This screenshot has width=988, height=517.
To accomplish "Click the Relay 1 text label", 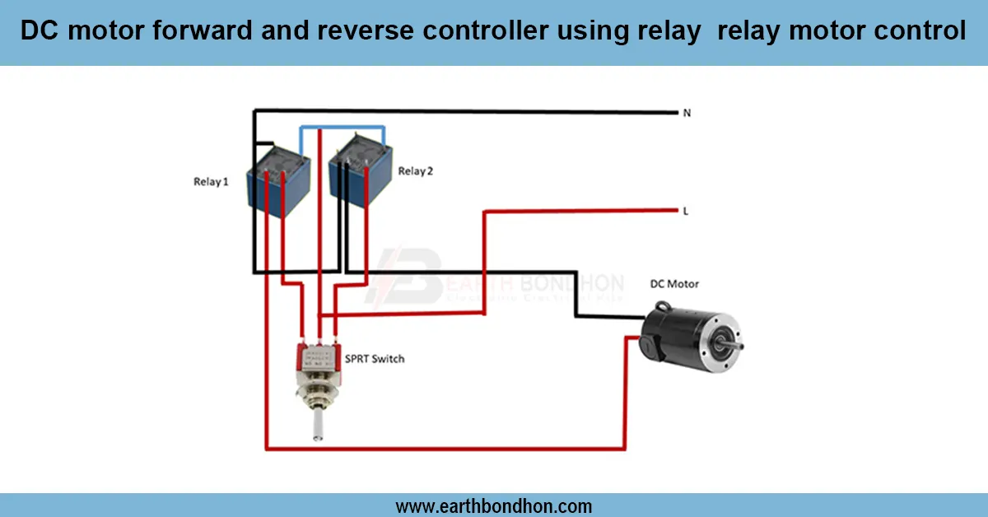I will point(211,182).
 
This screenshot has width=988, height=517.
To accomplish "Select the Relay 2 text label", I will point(416,171).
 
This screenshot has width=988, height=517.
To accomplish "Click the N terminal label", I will point(687,113).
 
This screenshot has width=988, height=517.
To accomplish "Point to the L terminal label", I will point(686,212).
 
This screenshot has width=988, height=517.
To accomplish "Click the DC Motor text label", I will point(673,284).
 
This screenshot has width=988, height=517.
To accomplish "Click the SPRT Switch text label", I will point(375,359).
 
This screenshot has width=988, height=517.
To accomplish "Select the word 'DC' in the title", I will point(37,32).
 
